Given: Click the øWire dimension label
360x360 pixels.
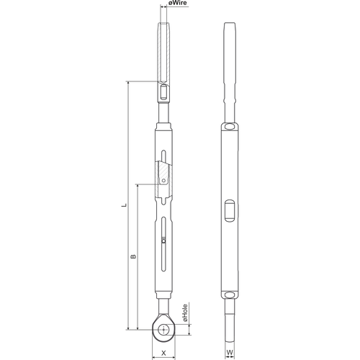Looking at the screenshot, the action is [x=178, y=3].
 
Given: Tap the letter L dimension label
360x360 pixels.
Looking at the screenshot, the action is [x=124, y=205].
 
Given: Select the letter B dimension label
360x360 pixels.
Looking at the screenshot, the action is [x=133, y=256].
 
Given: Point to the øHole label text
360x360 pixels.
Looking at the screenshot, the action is [x=185, y=313].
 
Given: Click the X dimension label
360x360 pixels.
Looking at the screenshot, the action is [x=163, y=353].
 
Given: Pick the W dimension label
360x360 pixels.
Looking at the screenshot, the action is [x=230, y=353].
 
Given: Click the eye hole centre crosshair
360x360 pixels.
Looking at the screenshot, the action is [x=163, y=330].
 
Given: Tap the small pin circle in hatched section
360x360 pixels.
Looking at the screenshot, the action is [x=163, y=181].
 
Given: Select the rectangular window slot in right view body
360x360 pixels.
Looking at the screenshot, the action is [x=230, y=210].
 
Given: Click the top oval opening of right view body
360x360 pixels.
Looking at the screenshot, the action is [x=230, y=126].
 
